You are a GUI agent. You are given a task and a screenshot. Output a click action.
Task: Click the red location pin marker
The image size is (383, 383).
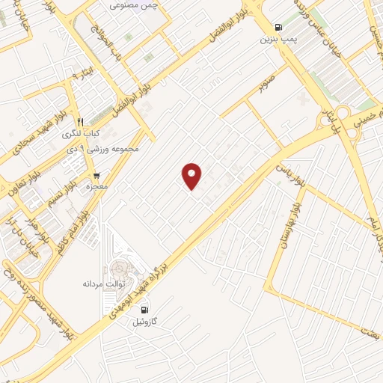click(192, 175)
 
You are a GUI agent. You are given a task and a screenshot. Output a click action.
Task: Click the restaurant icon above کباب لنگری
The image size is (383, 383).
click(80, 121)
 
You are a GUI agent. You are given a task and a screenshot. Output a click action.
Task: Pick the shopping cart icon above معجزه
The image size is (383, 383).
click(96, 175)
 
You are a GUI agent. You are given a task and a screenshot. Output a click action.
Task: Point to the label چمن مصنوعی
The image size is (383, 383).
click(135, 5)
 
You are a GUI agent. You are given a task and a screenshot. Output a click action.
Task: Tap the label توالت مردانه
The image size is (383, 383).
click(103, 285)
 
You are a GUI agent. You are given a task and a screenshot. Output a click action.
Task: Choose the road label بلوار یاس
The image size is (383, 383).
click(288, 171)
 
